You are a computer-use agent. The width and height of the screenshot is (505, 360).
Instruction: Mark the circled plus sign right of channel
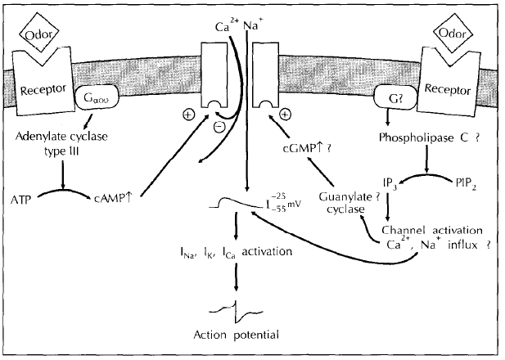pos(285,115)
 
